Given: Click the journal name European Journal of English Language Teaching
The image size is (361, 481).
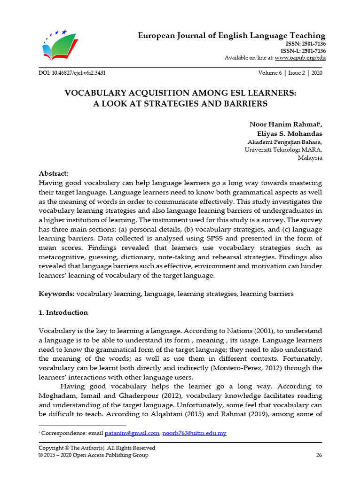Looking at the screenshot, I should tap(231, 36).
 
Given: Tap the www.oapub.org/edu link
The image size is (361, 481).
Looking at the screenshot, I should tap(300, 58).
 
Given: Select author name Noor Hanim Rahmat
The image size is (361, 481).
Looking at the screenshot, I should tap(284, 124).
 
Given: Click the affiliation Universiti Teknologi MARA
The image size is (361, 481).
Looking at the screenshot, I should tap(283, 149).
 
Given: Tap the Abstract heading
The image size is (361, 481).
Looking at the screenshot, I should tap(54, 173).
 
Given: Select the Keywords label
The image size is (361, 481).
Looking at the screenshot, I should tap(56, 294).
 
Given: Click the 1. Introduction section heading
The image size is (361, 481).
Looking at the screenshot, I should tap(63, 312).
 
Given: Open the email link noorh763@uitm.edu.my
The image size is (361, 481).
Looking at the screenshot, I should tap(194, 433).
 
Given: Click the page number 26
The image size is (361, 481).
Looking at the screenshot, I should tap(319, 455).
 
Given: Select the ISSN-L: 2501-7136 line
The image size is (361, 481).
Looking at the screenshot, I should tap(303, 51).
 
